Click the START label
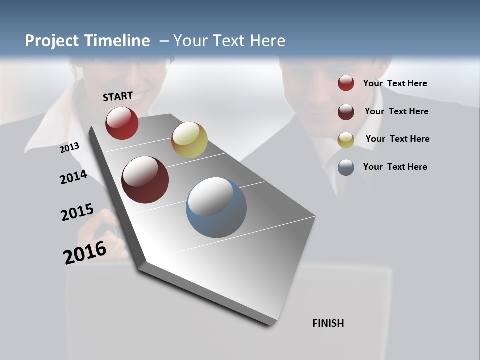(x=118, y=96)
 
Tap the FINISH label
(x=328, y=323)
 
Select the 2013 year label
(x=70, y=148)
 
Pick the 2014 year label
(x=73, y=177)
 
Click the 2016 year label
(x=85, y=252)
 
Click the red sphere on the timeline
(x=122, y=123)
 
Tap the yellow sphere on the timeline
(x=189, y=140)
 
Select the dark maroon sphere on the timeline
(x=145, y=180)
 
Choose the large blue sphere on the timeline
(x=216, y=207)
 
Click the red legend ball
(x=346, y=83)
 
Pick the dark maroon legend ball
(x=346, y=112)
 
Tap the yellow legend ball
(x=346, y=140)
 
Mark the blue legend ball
(x=346, y=167)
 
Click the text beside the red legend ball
(x=395, y=83)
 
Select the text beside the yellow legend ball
(x=398, y=139)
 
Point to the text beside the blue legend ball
(x=395, y=167)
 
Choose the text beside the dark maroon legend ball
(x=397, y=111)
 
